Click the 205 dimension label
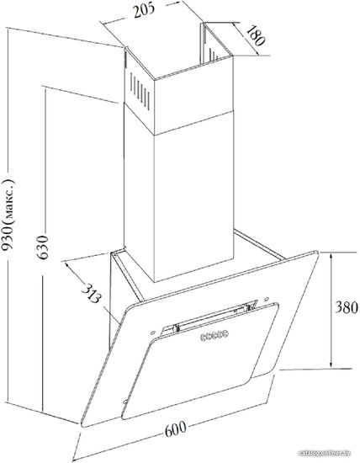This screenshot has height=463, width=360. click(x=144, y=10)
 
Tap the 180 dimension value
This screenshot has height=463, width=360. click(x=256, y=35)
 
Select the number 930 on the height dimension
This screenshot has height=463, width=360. click(x=8, y=240)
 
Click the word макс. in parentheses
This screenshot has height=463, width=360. click(x=9, y=199)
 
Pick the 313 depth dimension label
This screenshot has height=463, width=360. click(x=91, y=293)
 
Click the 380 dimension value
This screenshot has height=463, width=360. click(x=347, y=307)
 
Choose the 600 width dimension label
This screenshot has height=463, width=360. click(x=176, y=428)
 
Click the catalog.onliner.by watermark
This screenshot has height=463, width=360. click(x=325, y=453)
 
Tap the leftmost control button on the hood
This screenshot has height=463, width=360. click(x=204, y=337)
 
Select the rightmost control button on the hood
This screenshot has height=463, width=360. click(x=225, y=333)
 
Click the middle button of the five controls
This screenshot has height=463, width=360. click(x=214, y=335)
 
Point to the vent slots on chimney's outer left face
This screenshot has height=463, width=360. click(x=140, y=91)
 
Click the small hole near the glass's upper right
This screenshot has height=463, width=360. click(x=266, y=299)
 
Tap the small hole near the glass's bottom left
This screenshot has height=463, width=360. click(x=125, y=402)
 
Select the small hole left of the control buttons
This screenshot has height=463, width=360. click(x=153, y=333)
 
